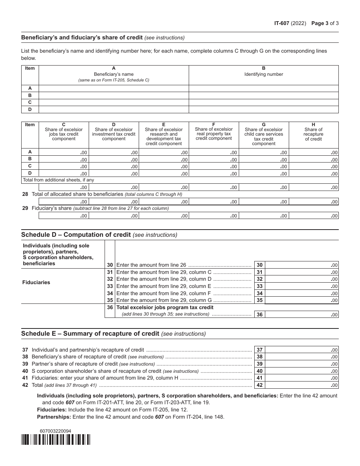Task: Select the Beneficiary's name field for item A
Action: (114, 88)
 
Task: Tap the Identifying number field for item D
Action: (263, 109)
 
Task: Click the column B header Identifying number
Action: (263, 72)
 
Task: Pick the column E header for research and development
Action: (164, 134)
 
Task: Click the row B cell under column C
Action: (64, 160)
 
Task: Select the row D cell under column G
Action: (264, 174)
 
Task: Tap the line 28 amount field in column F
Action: (214, 202)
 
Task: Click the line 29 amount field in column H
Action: (313, 216)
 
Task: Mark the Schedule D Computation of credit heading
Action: (99, 235)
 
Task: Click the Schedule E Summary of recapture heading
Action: (113, 334)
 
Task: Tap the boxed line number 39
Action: (259, 364)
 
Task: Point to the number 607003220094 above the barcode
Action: (55, 431)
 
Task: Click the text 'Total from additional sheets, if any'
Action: (58, 180)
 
